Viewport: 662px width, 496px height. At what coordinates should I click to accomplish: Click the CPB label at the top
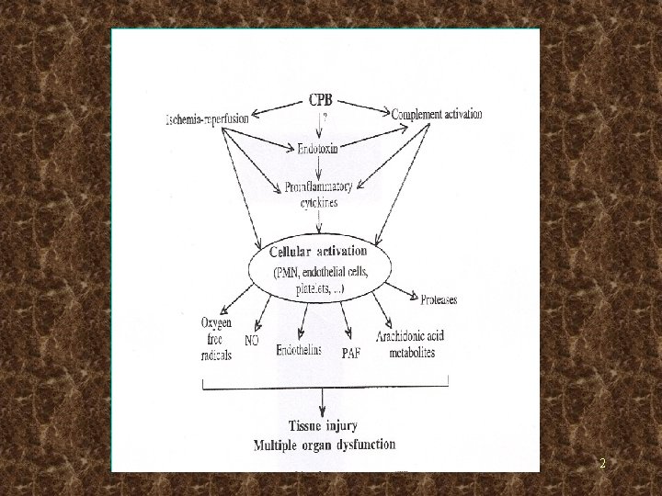322,100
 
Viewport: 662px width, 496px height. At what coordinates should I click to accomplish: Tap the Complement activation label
437,115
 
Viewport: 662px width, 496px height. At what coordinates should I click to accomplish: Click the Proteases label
439,299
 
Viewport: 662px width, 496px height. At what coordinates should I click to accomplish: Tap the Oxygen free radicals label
216,337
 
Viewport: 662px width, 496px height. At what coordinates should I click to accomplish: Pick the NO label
252,340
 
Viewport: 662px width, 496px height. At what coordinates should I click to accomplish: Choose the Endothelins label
299,350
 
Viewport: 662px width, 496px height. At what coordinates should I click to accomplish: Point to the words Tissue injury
322,426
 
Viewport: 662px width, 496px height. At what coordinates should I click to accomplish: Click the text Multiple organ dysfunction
325,445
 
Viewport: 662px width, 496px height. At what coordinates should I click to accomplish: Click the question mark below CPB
324,117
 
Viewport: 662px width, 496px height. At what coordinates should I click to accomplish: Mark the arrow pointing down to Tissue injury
322,402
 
